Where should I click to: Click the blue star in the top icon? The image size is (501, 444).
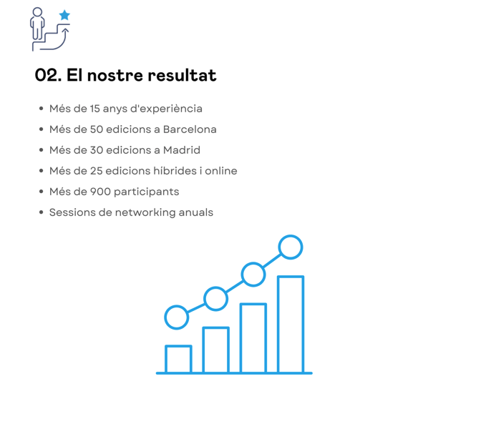point(64,15)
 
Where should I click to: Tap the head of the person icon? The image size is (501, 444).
point(37,12)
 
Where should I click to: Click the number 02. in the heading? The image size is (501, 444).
point(48,75)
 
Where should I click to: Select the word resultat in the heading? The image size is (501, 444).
point(182,75)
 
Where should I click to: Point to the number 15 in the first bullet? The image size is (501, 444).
point(95,109)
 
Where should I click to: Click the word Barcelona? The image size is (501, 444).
point(190,129)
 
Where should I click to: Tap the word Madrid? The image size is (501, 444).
point(182,150)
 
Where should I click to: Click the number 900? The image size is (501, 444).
point(100,192)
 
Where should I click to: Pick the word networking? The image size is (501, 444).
point(145,212)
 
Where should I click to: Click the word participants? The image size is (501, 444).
point(146,192)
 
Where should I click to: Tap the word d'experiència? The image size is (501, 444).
point(167,109)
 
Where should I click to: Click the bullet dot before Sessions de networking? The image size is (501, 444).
point(41,212)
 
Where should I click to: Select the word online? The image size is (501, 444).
point(221,171)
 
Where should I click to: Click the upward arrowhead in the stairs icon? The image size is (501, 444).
point(66,30)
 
